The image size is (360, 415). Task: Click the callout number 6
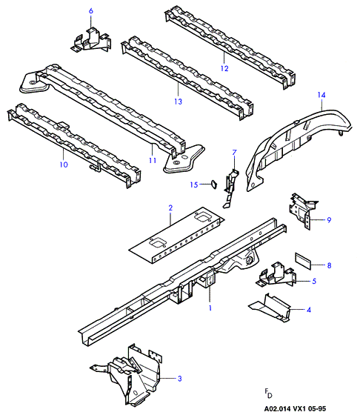tap(91, 11)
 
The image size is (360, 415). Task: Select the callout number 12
tap(224, 68)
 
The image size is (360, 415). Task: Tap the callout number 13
tap(179, 102)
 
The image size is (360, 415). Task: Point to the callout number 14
tap(321, 95)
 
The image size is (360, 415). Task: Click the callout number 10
tap(64, 165)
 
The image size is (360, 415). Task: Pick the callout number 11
tap(153, 160)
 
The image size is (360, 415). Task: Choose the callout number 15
tap(194, 185)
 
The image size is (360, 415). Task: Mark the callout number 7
tap(234, 153)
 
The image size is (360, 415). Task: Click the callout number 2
tap(170, 207)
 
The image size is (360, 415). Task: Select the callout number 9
tap(329, 220)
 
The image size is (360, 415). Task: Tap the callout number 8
tap(329, 265)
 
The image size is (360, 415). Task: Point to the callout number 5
tap(314, 281)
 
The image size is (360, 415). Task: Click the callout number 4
tap(309, 310)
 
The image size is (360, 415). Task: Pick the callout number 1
tap(210, 308)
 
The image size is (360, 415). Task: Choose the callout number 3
tap(179, 379)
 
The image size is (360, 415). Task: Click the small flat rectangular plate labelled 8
tap(303, 261)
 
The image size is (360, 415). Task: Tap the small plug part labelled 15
tap(214, 185)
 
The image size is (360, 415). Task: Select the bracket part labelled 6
tap(91, 40)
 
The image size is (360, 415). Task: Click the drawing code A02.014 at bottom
tap(276, 409)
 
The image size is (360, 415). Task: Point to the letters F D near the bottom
tap(268, 394)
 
